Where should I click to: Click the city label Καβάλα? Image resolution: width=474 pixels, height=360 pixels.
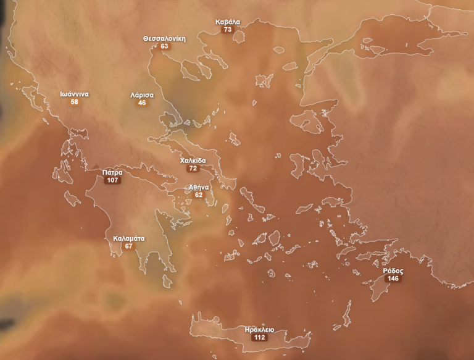coord(228,22)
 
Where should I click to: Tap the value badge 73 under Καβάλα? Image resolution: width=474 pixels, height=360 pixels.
coord(228,30)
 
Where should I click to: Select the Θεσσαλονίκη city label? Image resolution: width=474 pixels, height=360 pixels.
coord(164,38)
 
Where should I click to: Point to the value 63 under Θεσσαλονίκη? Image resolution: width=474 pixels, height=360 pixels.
coord(164,46)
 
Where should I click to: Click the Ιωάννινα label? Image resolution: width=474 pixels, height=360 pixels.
coord(74,94)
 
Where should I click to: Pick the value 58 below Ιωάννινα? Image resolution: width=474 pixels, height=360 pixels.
coord(74,102)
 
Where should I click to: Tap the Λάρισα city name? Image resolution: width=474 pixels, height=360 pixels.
coord(142,95)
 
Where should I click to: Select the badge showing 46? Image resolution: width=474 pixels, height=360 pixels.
coord(142,103)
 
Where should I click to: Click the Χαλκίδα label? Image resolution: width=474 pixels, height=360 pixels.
coord(193,161)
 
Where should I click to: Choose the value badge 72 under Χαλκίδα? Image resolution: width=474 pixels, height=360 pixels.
coord(193,169)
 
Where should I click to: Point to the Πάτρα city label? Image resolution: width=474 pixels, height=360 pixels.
coord(112,173)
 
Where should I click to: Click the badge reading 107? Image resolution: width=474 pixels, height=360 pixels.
coord(112,181)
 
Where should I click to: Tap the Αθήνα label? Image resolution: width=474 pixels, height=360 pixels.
coord(199,187)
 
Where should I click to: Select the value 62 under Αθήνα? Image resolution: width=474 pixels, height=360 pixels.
coord(199,195)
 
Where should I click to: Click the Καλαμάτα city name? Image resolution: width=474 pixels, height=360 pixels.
coord(128,238)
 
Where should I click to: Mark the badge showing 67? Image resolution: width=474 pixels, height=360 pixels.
coord(128,246)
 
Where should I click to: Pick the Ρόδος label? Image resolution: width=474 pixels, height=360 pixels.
coord(393,271)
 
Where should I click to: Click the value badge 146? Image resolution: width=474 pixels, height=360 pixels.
coord(393,279)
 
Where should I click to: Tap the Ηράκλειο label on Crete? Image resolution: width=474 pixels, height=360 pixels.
coord(259,330)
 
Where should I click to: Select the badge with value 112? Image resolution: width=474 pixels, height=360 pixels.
coord(259,338)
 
